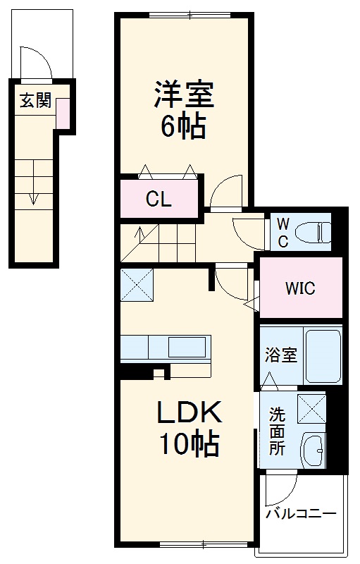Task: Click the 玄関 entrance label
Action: point(35,101)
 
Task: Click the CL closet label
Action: point(159,200)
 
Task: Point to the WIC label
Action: point(299,288)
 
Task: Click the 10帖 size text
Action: point(188,444)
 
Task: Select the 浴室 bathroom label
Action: point(280,355)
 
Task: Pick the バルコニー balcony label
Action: point(301,514)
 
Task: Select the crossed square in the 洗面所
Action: point(311,408)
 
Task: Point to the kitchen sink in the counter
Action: point(187,348)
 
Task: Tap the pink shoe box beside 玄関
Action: point(63,114)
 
